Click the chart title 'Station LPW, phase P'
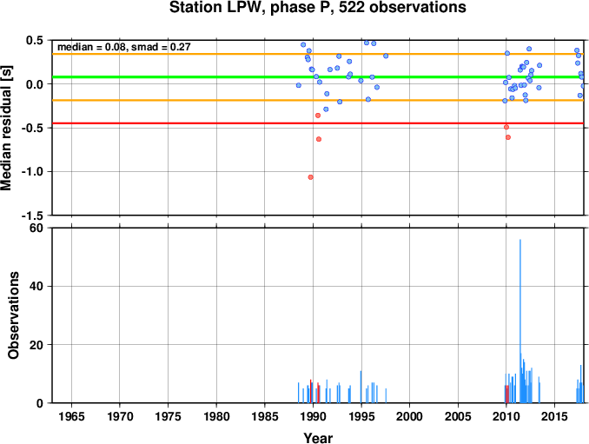pos(252,8)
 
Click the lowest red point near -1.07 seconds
pos(311,177)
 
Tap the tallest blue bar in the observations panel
pos(520,321)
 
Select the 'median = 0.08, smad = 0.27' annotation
pos(124,47)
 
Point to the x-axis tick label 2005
pos(458,416)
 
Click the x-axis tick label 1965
pos(71,416)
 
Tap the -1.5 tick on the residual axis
pos(32,215)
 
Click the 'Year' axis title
pos(318,438)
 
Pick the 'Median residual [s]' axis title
pos(6,128)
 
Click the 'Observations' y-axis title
pos(14,315)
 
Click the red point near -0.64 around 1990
pos(319,139)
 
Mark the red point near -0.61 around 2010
pos(508,137)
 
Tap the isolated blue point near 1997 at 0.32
pos(386,56)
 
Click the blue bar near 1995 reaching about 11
pos(361,387)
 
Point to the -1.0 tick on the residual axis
pos(32,172)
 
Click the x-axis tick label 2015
pos(554,416)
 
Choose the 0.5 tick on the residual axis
pos(35,40)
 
